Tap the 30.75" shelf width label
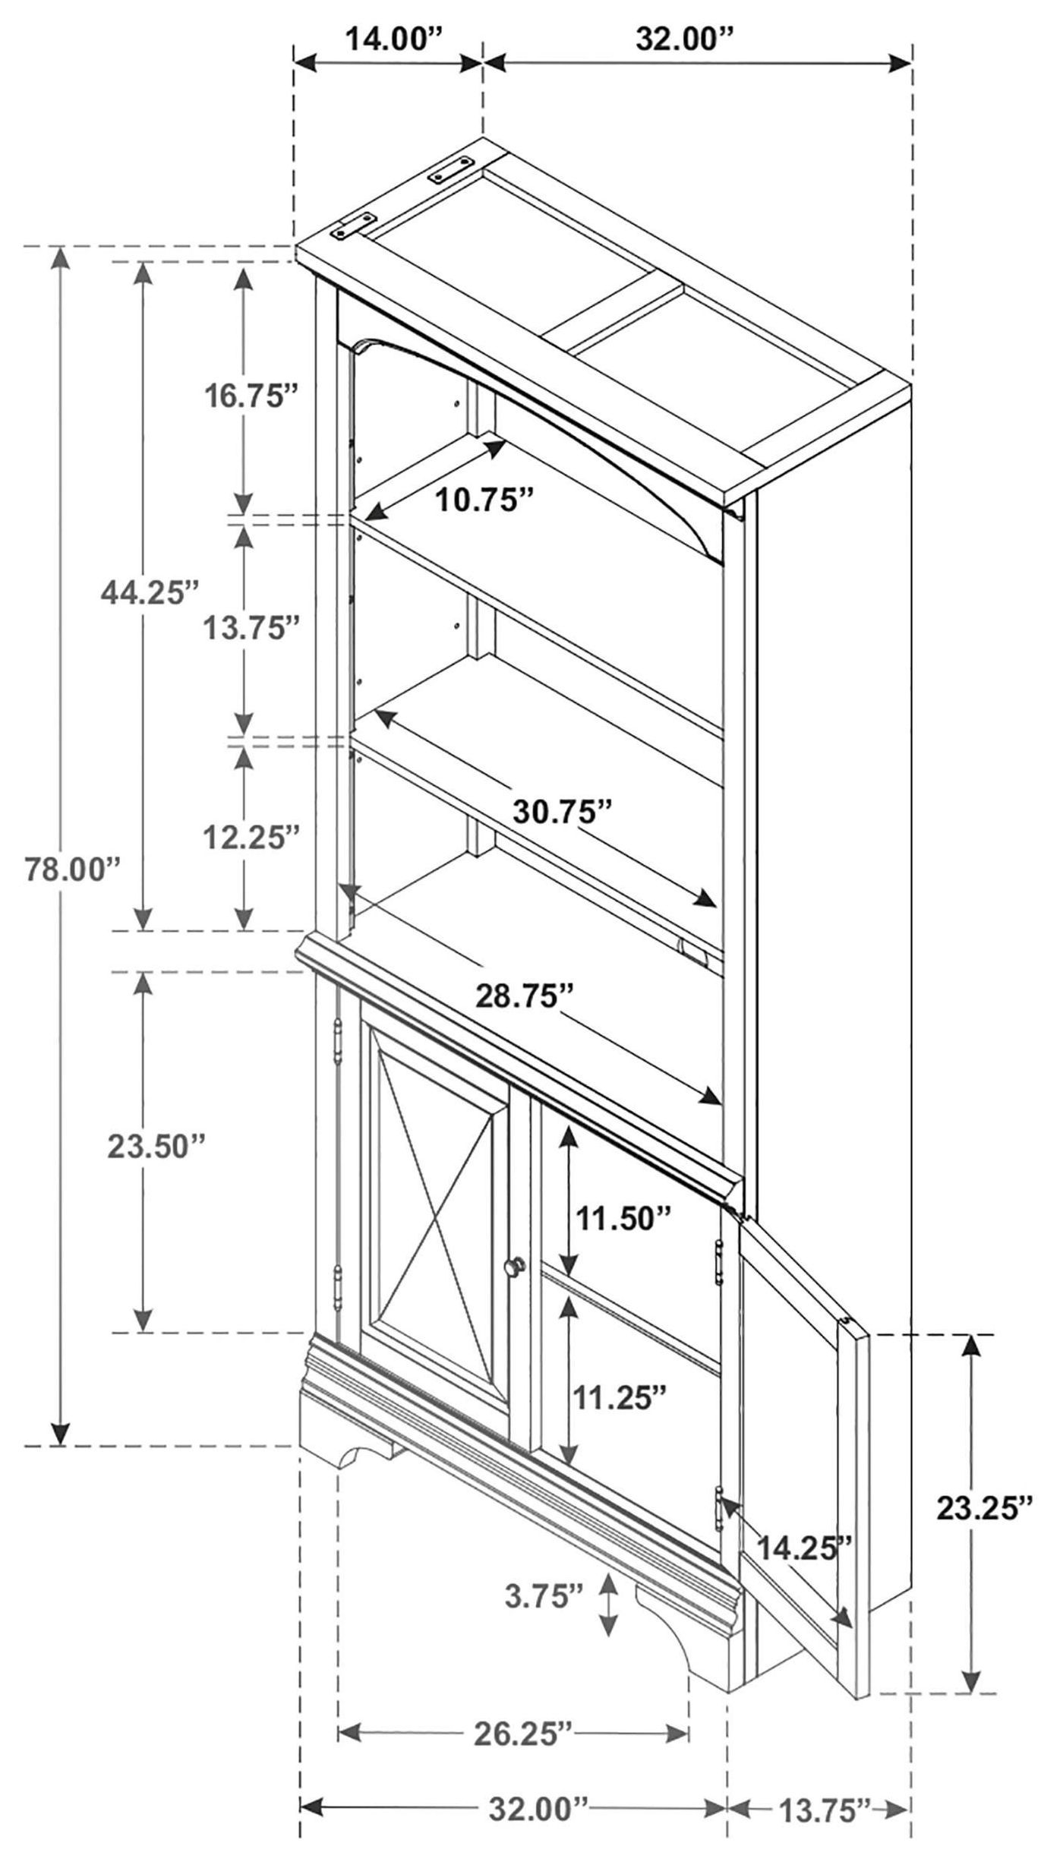click(x=563, y=810)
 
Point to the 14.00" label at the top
click(x=395, y=39)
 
